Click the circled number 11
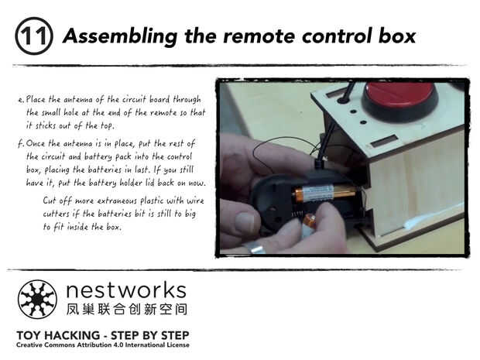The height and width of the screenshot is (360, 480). [x=34, y=36]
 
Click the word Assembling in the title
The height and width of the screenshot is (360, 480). [x=120, y=36]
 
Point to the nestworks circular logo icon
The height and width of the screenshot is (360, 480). [x=37, y=299]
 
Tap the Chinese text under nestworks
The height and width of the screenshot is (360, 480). [x=126, y=309]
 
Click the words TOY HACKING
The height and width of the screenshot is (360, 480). [x=58, y=335]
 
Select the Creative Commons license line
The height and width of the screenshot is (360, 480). [x=103, y=345]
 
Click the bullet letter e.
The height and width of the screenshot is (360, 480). [x=21, y=100]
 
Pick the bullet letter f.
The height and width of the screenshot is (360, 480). [x=21, y=143]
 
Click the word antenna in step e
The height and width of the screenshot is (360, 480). [x=77, y=100]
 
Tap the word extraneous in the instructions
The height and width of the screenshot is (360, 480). [x=117, y=201]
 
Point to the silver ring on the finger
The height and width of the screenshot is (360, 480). [x=254, y=247]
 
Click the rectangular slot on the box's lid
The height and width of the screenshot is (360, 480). [x=383, y=142]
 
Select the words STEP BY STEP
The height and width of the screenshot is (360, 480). [x=150, y=335]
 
